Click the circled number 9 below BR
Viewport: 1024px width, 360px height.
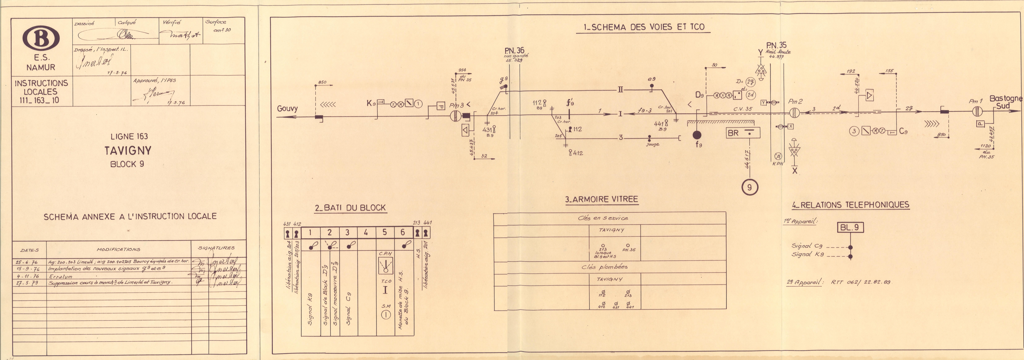(x=749, y=187)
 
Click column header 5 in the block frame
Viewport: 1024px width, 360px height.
(x=384, y=232)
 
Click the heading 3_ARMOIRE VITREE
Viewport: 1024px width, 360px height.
(x=601, y=199)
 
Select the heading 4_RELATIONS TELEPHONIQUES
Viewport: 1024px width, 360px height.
(x=850, y=205)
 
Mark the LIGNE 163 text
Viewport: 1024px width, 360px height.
(x=129, y=136)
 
